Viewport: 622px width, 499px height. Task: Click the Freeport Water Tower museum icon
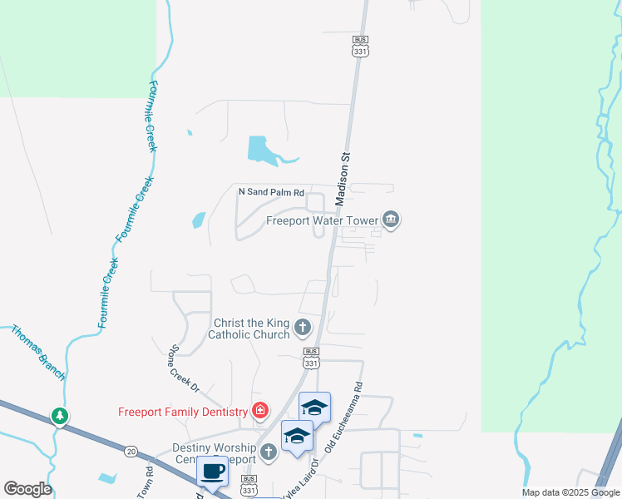[x=392, y=220]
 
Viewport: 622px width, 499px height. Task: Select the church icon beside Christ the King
[x=303, y=328]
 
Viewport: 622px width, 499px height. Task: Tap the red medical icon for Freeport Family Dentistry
[x=260, y=411]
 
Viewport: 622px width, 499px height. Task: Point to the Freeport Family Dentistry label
[x=183, y=412]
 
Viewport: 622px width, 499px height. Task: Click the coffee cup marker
[x=211, y=472]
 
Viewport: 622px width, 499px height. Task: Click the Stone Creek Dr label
[x=185, y=368]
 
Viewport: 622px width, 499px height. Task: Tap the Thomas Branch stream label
[x=37, y=352]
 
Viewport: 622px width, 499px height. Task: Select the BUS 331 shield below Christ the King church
[x=311, y=358]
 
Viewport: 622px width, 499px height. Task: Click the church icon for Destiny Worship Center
[x=268, y=452]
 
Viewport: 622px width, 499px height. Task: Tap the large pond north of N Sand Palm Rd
[x=264, y=150]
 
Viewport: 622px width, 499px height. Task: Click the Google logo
[x=27, y=489]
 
